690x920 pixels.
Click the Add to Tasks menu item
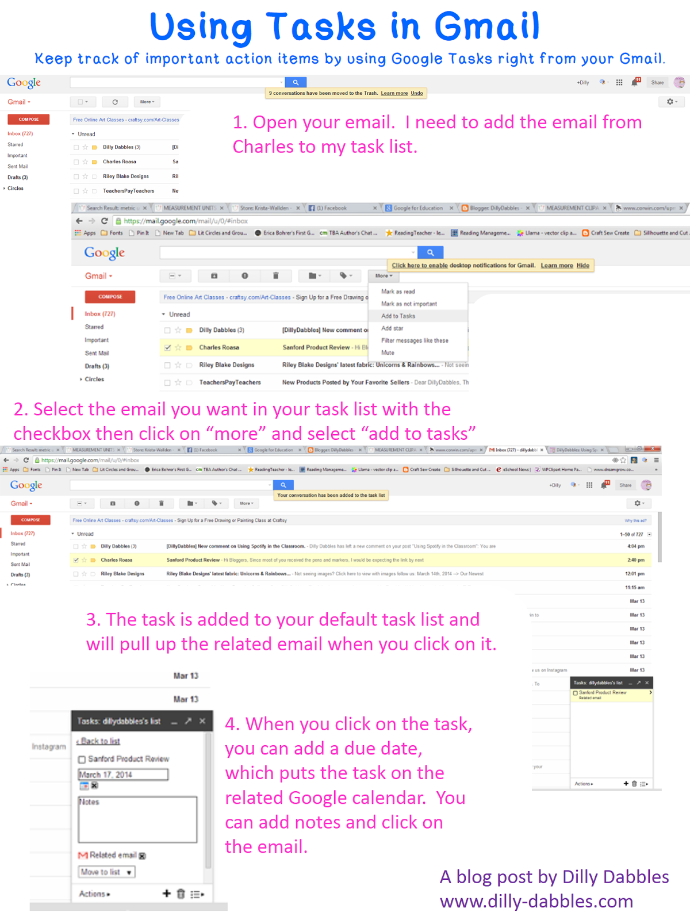[x=398, y=316]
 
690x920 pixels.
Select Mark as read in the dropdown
[x=398, y=292]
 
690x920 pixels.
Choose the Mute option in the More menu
[x=388, y=353]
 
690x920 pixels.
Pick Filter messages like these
[x=415, y=340]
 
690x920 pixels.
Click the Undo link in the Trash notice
[x=417, y=93]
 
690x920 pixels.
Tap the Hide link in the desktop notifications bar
[x=582, y=266]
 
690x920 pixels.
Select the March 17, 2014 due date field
[x=123, y=775]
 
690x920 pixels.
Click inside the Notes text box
[x=138, y=822]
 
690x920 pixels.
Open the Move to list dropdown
[x=106, y=872]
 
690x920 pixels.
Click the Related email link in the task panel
[x=113, y=855]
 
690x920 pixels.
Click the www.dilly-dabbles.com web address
[x=536, y=901]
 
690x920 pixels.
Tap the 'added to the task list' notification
[x=331, y=495]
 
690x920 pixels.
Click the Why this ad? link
[x=635, y=520]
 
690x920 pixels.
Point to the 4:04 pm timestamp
[x=636, y=546]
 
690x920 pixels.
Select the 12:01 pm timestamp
[x=635, y=574]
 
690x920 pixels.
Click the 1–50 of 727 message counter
[x=631, y=534]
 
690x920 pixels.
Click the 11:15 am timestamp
[x=635, y=588]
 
